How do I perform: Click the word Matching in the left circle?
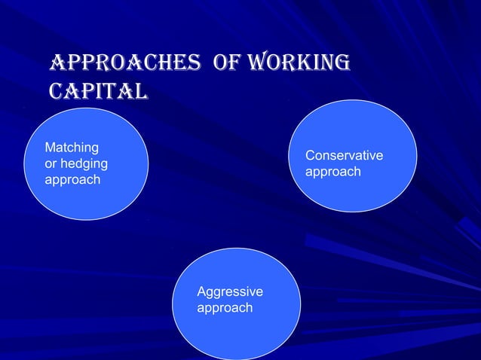pos(72,148)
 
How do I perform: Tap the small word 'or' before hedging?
pos(51,163)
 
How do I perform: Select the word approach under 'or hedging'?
pos(72,180)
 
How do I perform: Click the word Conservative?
pos(344,156)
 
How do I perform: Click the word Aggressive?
pos(230,291)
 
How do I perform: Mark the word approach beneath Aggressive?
pos(225,308)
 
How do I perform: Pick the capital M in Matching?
pos(50,148)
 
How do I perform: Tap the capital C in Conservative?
pos(310,156)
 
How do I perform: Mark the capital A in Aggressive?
pos(201,291)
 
